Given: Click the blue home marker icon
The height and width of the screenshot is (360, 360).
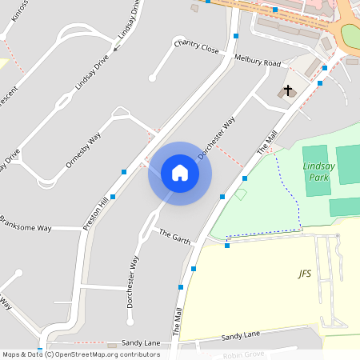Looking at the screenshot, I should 179,173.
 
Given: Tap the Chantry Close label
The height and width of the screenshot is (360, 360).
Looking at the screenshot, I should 196,46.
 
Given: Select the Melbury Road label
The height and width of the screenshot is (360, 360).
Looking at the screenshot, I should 258,61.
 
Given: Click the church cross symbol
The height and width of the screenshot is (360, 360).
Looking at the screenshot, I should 287,90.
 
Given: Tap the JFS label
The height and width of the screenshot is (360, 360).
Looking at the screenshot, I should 305,274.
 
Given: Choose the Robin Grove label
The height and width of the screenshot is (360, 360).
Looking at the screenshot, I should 244,354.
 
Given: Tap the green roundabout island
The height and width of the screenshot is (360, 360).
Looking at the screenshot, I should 352,36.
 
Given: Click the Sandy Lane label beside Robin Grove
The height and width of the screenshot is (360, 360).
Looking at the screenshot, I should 242,338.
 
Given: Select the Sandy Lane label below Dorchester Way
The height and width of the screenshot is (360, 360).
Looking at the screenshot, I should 141,342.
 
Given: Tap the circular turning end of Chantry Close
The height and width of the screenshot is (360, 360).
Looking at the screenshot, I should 152,78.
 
